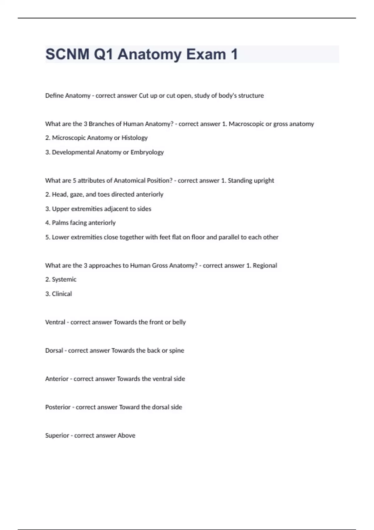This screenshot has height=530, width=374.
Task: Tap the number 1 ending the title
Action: [234, 54]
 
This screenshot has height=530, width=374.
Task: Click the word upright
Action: [264, 181]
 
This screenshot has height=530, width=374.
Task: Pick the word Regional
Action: [265, 265]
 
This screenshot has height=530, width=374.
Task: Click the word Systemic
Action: [64, 279]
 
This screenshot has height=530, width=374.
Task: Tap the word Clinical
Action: [62, 294]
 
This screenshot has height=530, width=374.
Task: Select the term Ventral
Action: [55, 322]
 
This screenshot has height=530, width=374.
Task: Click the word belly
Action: [179, 322]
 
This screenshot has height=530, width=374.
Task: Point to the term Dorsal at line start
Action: [54, 350]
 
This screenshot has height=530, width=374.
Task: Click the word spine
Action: [176, 350]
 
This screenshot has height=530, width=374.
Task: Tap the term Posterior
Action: [58, 407]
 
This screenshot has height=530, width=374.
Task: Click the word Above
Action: [126, 436]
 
